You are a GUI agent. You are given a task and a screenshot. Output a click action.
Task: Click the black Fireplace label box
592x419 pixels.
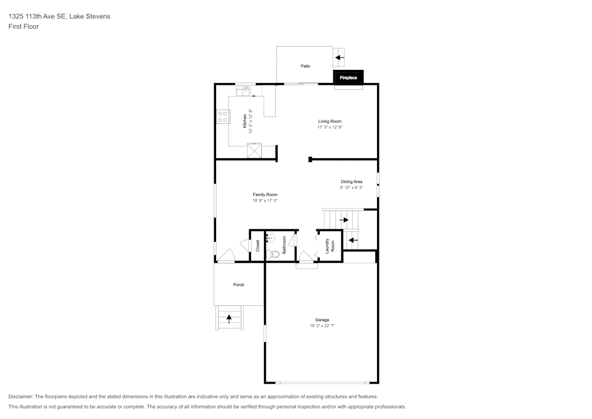(x=348, y=78)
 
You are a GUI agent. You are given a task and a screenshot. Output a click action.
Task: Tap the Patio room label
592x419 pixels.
(x=305, y=66)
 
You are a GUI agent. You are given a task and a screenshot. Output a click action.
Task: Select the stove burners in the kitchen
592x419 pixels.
(x=223, y=116)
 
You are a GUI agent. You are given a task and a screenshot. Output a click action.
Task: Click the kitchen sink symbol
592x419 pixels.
(x=246, y=91)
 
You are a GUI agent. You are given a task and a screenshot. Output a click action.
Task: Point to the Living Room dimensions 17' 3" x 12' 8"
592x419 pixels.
(x=330, y=127)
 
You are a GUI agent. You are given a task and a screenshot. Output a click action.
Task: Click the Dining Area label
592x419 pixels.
(x=351, y=181)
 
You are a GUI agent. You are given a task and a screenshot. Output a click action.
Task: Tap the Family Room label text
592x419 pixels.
(x=265, y=194)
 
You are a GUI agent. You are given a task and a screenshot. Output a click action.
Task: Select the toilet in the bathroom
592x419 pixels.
(x=273, y=254)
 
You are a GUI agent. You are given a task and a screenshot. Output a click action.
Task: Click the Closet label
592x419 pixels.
(x=258, y=245)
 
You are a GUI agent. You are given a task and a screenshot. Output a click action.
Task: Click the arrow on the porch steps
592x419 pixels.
(x=229, y=319)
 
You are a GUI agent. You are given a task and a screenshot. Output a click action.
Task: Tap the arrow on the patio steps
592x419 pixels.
(x=340, y=57)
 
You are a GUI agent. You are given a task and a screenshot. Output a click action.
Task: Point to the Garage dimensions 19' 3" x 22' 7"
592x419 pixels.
(x=322, y=326)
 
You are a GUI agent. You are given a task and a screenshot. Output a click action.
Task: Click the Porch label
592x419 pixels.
(x=239, y=284)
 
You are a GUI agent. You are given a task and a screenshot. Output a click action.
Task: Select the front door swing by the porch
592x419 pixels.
(x=226, y=256)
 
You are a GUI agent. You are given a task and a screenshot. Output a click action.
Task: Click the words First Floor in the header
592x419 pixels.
(x=24, y=27)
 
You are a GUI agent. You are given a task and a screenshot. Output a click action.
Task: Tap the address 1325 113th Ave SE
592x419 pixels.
(x=37, y=17)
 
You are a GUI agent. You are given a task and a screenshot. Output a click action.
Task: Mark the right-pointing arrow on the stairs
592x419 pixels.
(x=343, y=220)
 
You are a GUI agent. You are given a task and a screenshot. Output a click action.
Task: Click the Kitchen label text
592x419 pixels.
(x=244, y=121)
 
